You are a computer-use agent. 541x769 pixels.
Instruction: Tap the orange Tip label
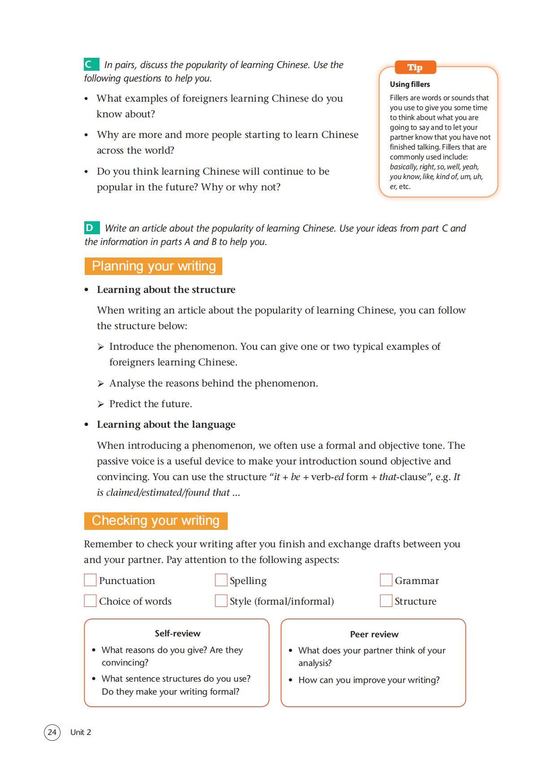(415, 68)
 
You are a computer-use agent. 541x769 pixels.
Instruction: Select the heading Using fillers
(410, 84)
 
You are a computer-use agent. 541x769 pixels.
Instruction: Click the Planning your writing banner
(153, 266)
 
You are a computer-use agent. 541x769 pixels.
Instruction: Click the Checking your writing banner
(156, 520)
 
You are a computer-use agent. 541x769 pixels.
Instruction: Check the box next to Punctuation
(90, 580)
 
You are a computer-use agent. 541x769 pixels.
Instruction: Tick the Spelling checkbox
(221, 580)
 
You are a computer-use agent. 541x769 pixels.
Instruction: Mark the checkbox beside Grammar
(386, 580)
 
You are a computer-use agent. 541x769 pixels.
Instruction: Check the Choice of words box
(90, 601)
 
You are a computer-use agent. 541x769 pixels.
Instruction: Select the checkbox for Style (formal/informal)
(221, 601)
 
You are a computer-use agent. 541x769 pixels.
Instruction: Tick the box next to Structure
(386, 601)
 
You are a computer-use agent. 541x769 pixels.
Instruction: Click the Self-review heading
(177, 633)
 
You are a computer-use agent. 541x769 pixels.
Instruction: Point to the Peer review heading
(374, 634)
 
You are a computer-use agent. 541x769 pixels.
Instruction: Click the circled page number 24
(52, 732)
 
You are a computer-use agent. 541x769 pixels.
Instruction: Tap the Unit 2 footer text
(81, 732)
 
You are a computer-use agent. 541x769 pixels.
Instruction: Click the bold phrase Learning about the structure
(166, 290)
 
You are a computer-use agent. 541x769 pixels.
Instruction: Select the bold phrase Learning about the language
(166, 425)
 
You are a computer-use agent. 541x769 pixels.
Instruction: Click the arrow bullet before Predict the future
(101, 404)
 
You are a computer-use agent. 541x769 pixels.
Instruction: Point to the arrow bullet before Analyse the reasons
(101, 383)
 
